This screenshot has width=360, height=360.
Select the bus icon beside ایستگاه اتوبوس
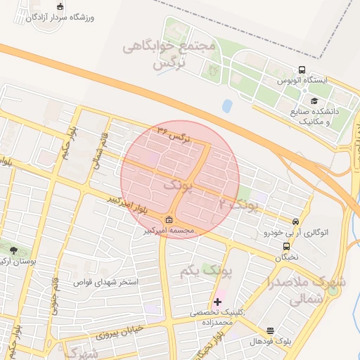coord(302,70)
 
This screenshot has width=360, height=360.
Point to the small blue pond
coord(227,106)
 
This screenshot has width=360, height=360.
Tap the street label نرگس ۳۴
coord(173,134)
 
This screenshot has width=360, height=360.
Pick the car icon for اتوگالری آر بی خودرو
coord(295,221)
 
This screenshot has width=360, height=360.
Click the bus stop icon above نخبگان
coord(286,246)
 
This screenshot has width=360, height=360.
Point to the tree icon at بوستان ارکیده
coord(13,250)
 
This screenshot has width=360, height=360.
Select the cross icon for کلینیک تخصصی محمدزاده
coord(217,302)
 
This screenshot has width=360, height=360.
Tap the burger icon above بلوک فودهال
coord(271,330)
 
